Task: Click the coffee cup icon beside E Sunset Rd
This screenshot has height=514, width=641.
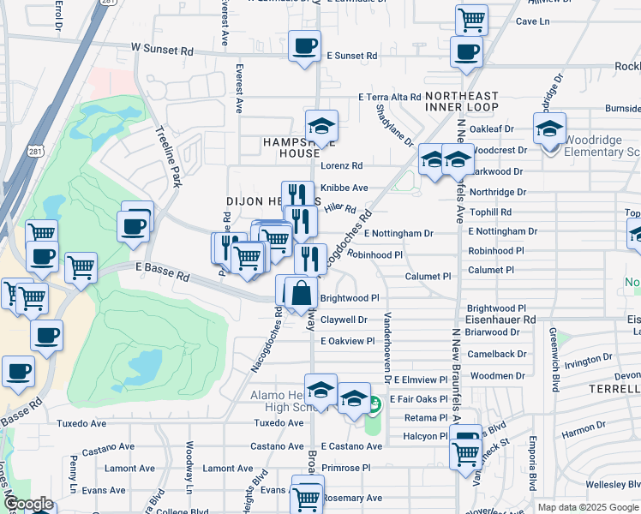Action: tap(303, 46)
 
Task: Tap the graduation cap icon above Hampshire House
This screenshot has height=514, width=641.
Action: tap(322, 126)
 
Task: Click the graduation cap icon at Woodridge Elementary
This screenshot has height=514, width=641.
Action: tap(549, 129)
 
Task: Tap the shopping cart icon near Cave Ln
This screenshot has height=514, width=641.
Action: tap(471, 19)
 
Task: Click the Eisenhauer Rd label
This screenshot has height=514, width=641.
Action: tap(500, 320)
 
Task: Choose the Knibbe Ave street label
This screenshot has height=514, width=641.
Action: tap(344, 188)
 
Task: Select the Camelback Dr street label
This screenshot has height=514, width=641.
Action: tap(497, 354)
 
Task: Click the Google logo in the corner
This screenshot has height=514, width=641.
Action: tap(28, 504)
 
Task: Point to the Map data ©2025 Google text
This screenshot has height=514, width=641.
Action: tap(589, 507)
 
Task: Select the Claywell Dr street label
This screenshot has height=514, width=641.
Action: tap(344, 320)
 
